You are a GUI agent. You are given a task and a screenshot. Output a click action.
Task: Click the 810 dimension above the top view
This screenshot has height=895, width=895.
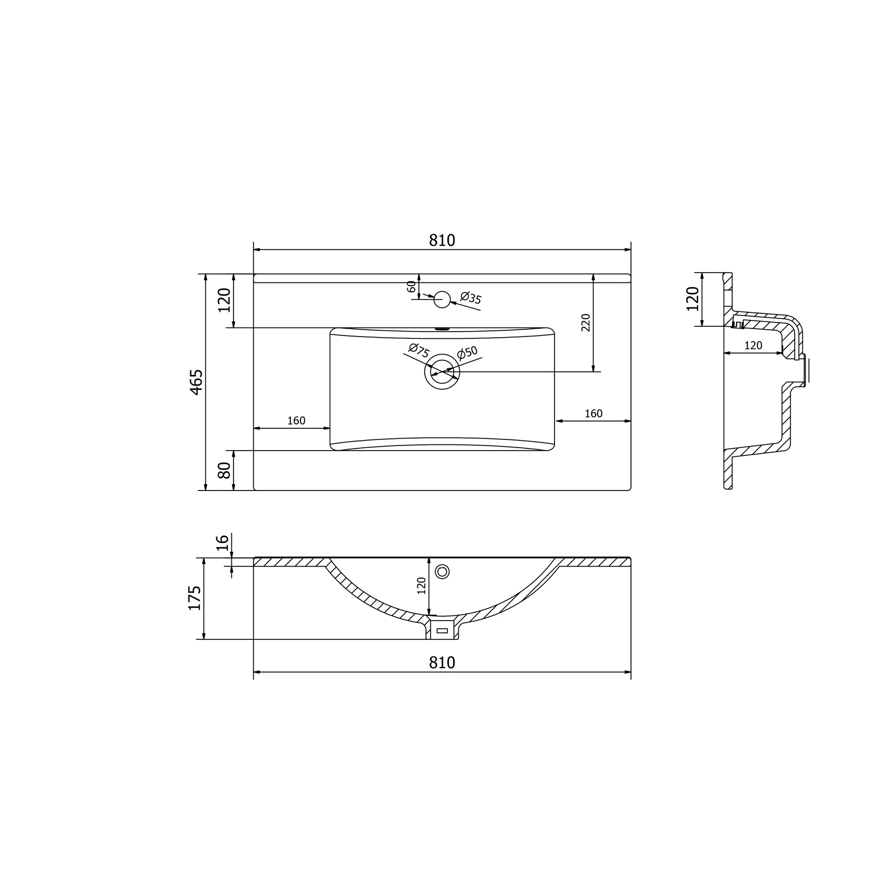tap(442, 240)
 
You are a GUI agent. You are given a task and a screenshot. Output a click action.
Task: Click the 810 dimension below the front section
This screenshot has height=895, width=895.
tap(442, 662)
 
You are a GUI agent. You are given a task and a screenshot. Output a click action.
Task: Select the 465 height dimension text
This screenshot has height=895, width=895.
tap(196, 382)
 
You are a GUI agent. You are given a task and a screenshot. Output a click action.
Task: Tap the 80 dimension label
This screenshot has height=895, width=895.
tap(224, 470)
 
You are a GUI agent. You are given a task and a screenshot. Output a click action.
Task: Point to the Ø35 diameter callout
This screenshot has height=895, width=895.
tap(471, 298)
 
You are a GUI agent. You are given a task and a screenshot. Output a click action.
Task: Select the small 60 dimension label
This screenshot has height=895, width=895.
tap(411, 286)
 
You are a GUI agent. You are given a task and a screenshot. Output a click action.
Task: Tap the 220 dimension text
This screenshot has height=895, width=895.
tap(586, 322)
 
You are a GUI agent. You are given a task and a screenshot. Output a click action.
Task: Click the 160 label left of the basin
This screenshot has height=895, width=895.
tap(297, 420)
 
